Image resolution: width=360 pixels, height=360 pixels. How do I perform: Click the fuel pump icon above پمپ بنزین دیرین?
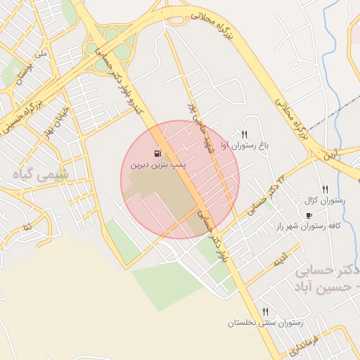pyautogui.click(x=157, y=154)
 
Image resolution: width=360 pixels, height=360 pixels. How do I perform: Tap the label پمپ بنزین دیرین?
pyautogui.click(x=155, y=167)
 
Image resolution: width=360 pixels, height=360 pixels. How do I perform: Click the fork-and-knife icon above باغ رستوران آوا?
pyautogui.click(x=244, y=134)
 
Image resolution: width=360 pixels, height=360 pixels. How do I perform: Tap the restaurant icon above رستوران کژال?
pyautogui.click(x=325, y=188)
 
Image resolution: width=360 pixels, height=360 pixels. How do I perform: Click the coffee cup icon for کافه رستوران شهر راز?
pyautogui.click(x=309, y=215)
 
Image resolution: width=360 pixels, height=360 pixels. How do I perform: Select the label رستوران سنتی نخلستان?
pyautogui.click(x=264, y=323)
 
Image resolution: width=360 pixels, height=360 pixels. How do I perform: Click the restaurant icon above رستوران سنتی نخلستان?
pyautogui.click(x=265, y=311)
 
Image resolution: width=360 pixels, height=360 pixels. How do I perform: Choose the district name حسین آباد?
pyautogui.click(x=323, y=287)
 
